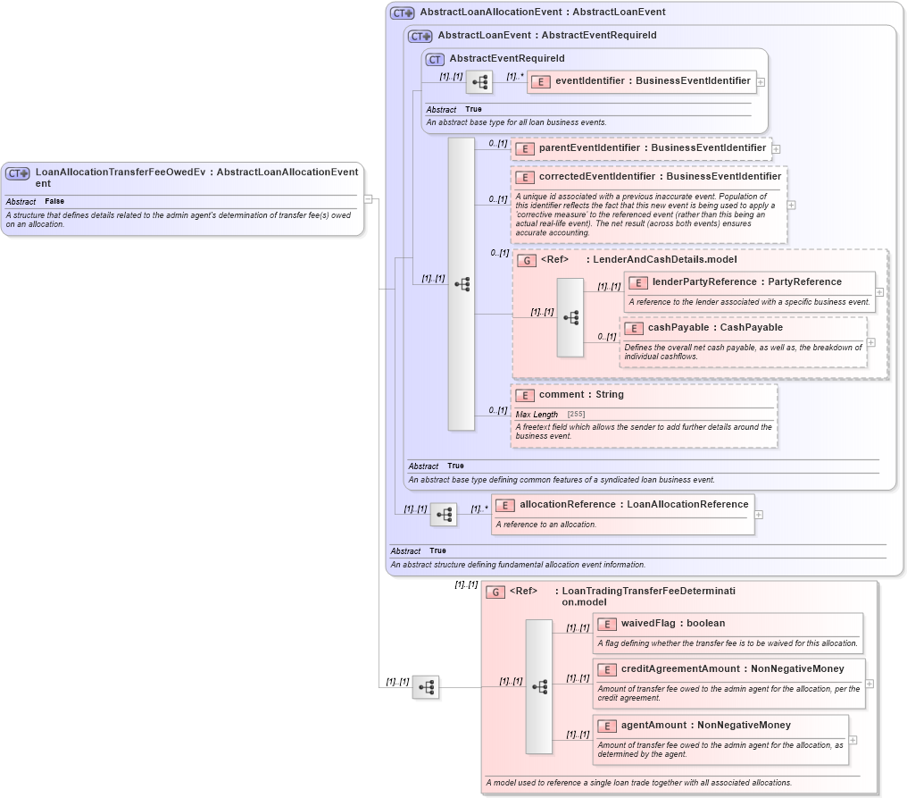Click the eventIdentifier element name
point(653,81)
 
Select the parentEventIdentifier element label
point(652,147)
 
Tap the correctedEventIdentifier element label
point(660,177)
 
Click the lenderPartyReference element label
point(746,282)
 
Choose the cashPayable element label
point(715,328)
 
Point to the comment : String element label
point(581,395)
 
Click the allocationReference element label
point(634,505)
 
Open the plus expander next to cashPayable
point(871,342)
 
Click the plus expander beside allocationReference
point(759,515)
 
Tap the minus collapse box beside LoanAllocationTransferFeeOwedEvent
point(368,199)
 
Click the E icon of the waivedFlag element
point(607,624)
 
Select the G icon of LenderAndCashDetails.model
point(527,260)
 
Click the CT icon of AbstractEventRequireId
point(435,59)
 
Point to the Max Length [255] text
point(548,415)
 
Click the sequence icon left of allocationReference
point(444,515)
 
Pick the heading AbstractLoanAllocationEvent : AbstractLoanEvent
point(542,13)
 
